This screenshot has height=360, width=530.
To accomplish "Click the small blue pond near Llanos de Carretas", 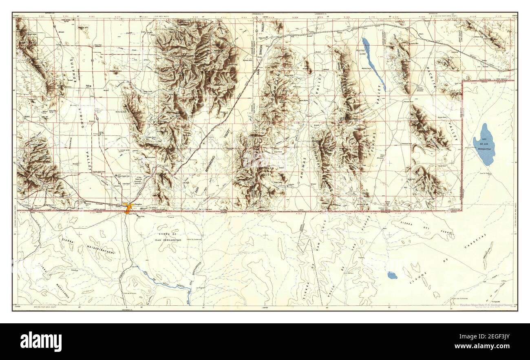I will (392, 275).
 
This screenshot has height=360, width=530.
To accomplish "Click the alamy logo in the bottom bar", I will (41, 341).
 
